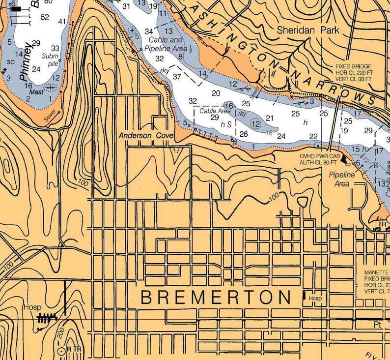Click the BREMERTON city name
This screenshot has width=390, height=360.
216,298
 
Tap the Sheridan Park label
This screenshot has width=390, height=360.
308,30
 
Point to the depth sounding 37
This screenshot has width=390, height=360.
177,76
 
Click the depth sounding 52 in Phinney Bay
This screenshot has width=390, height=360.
45,17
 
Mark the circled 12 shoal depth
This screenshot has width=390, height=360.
255,124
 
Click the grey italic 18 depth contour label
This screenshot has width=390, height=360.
269,133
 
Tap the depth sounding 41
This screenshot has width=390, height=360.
62,22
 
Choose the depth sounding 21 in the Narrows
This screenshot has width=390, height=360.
269,118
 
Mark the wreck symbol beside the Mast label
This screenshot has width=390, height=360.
50,88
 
